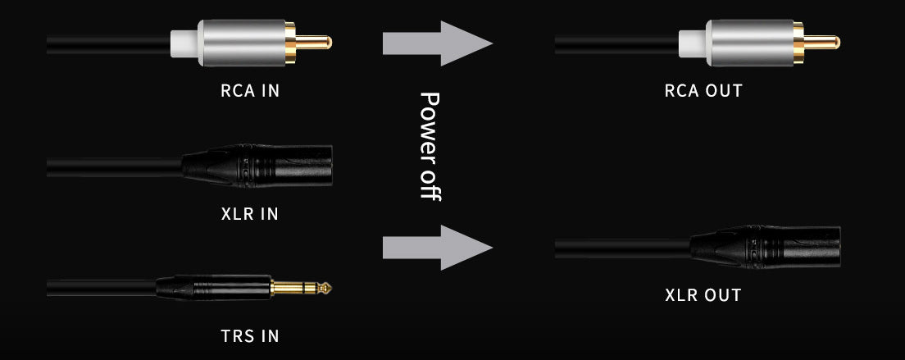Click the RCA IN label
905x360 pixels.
point(250,90)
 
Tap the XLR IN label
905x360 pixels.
point(250,214)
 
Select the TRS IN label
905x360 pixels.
point(250,335)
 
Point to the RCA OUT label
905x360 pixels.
point(703,90)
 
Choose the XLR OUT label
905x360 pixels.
point(703,295)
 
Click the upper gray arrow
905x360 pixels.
point(438,43)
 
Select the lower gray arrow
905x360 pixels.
point(438,248)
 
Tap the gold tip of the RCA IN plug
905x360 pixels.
point(314,42)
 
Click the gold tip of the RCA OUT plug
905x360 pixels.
point(822,42)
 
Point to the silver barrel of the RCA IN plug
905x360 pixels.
point(243,43)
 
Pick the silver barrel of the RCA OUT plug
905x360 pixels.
point(750,43)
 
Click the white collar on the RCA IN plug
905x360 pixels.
point(184,43)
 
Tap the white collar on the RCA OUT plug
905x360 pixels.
point(693,43)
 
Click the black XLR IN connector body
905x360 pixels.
point(257,166)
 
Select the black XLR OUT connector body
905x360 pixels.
point(766,247)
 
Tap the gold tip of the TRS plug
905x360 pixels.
point(302,288)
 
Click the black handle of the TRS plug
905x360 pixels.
point(214,287)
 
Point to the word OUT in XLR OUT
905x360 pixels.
point(721,295)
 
